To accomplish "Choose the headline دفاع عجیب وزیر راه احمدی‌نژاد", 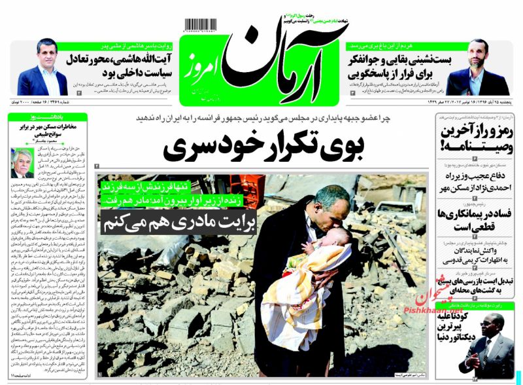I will (x=472, y=180).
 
